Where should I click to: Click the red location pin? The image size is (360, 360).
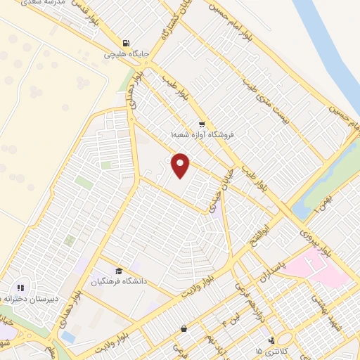point(181,165)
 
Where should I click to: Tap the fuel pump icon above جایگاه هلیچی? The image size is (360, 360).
point(126,42)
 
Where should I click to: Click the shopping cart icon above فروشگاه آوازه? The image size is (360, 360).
point(202,123)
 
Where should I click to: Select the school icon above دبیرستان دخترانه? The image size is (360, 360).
point(20,287)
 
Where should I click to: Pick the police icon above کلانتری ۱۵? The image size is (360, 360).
point(272,340)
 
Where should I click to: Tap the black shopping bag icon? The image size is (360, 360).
point(184,328)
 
